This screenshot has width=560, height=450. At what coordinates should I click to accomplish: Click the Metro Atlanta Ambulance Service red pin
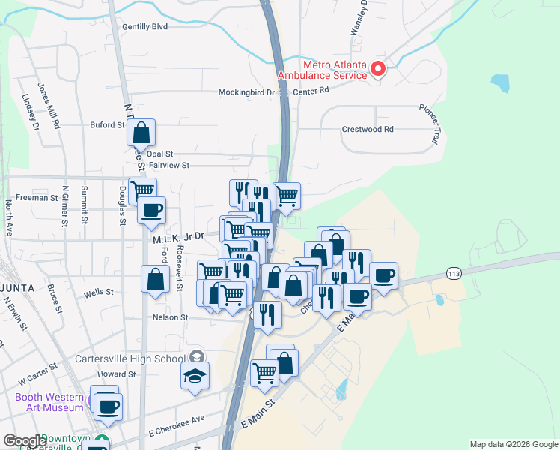coord(378,69)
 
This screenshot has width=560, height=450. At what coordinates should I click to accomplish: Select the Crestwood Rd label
coord(368,129)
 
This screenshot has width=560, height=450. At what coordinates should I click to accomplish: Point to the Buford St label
coord(107,125)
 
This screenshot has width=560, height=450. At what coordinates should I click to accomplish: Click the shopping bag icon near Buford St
coord(141,134)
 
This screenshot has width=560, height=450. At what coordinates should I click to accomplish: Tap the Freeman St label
coord(37,198)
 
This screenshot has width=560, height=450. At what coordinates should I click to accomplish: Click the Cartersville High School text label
coord(130,358)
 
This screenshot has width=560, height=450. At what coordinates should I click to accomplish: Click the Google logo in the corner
coord(25,441)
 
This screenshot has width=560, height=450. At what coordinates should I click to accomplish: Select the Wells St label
coord(99,292)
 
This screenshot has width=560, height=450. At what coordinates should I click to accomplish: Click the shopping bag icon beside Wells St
coord(155,280)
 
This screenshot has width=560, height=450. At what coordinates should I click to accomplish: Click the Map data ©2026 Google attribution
coord(514,444)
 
